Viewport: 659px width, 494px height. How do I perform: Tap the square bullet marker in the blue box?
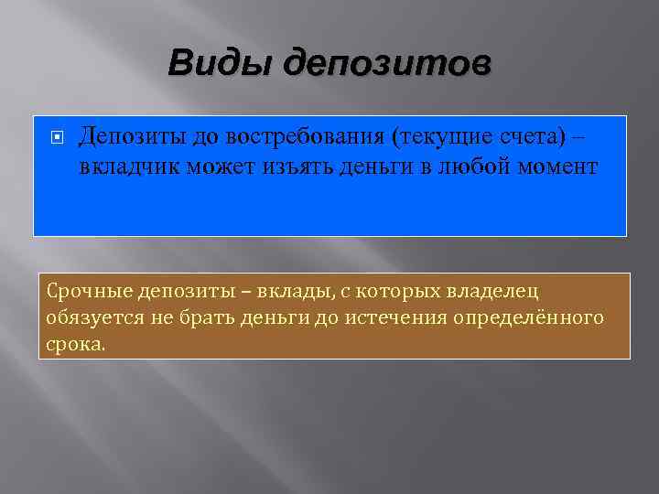[x=57, y=137]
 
